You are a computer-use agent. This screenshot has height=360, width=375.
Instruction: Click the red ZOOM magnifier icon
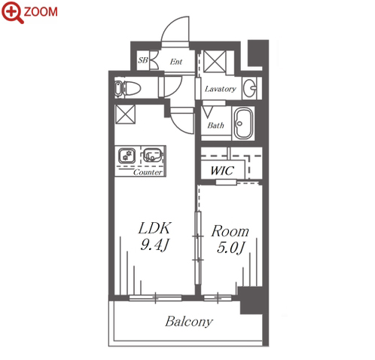click(11, 12)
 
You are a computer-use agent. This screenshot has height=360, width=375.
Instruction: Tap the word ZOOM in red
click(41, 12)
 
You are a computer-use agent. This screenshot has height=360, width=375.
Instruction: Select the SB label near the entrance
click(143, 60)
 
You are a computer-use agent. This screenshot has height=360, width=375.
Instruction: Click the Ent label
click(176, 62)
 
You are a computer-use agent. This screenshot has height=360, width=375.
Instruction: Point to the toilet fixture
click(127, 88)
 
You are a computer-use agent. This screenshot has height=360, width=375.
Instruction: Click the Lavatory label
click(220, 89)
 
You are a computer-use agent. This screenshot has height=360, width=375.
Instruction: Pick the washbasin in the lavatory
click(250, 88)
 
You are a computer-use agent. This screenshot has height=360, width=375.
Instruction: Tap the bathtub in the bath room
click(243, 124)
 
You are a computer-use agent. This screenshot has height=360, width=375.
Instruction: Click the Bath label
click(215, 125)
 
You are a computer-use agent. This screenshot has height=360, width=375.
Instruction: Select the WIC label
click(222, 171)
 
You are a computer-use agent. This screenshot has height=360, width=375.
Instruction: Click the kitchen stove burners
click(127, 156)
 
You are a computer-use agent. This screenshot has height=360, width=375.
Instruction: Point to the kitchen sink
click(152, 155)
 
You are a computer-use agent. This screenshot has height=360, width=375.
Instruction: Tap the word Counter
click(148, 172)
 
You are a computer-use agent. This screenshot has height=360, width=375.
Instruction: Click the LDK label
click(155, 228)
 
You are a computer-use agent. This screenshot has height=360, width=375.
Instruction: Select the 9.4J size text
click(154, 245)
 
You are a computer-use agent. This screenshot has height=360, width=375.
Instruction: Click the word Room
click(230, 231)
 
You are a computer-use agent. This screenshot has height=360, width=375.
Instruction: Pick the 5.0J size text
click(230, 248)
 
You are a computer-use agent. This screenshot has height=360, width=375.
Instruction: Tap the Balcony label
click(189, 322)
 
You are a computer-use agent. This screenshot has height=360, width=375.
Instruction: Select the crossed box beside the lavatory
click(215, 61)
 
